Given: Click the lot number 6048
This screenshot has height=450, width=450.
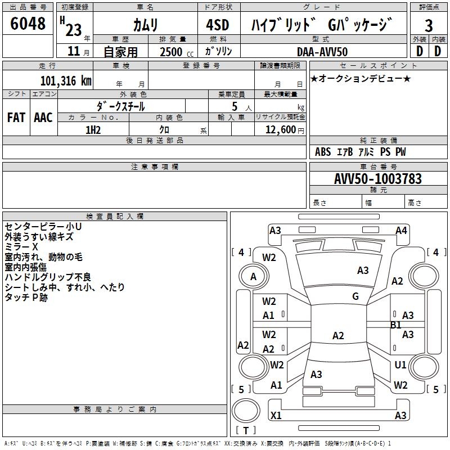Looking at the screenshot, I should tap(28, 24).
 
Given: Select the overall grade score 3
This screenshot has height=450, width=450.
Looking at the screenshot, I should tap(429, 25).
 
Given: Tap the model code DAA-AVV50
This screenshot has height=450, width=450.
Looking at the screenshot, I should tap(322, 52).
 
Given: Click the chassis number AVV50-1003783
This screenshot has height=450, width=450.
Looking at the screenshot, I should tap(377, 179).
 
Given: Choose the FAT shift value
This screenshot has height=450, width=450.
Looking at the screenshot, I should tap(16, 118).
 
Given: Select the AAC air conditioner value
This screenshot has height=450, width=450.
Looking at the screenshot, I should tap(43, 118).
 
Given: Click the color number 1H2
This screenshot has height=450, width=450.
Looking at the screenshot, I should tap(93, 129).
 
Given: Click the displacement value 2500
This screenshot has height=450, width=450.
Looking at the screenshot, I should tap(171, 52).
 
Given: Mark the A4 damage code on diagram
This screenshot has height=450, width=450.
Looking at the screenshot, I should tap(401, 230).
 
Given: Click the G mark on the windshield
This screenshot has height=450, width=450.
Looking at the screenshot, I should tap(355, 296).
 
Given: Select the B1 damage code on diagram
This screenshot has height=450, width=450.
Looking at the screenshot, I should tap(396, 325).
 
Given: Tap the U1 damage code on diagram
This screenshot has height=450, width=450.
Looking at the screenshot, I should tap(400, 365).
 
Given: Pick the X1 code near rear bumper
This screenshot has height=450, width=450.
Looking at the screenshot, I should tap(276, 415).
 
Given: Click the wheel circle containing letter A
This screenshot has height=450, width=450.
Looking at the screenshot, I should tap(253, 276).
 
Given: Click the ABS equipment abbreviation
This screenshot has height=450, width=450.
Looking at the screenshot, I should tap(323, 152).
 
